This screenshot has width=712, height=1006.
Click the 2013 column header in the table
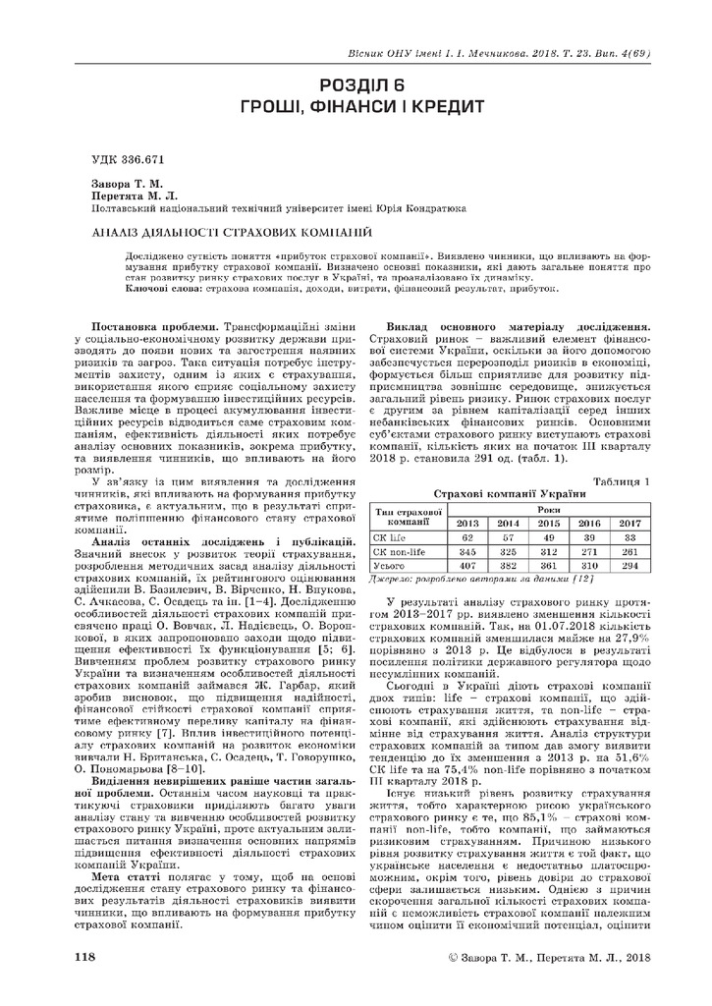tap(468, 523)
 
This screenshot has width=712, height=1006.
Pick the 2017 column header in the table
tap(629, 523)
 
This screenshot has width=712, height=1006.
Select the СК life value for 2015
tap(549, 537)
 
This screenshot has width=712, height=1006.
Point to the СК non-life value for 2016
tap(589, 552)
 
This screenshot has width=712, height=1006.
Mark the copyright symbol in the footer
tap(453, 956)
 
